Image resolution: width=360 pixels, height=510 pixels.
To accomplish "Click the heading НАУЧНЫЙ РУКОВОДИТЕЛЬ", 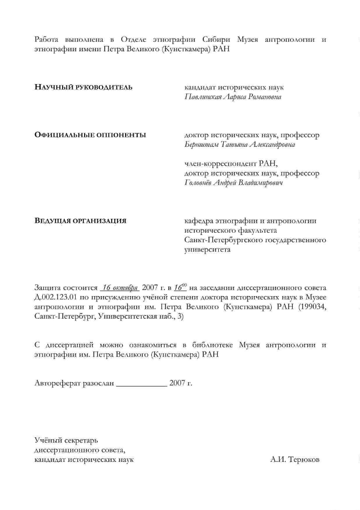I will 83,87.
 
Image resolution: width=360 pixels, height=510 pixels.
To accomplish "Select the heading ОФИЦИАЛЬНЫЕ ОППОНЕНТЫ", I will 90,135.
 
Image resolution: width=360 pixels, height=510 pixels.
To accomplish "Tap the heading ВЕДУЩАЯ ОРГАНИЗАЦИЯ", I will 80,221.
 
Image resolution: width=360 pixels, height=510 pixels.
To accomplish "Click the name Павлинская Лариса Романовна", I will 233,97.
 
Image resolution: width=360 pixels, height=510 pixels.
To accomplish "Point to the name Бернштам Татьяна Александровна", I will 240,144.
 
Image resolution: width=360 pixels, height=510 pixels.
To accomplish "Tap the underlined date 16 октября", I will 119,288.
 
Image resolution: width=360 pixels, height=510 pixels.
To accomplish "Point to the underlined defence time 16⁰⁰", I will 180,287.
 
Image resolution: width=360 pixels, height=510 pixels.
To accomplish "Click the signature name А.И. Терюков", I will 295,460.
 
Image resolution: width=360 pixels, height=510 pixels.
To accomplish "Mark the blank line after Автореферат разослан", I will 141,384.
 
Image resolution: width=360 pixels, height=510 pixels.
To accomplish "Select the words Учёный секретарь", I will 66,440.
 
